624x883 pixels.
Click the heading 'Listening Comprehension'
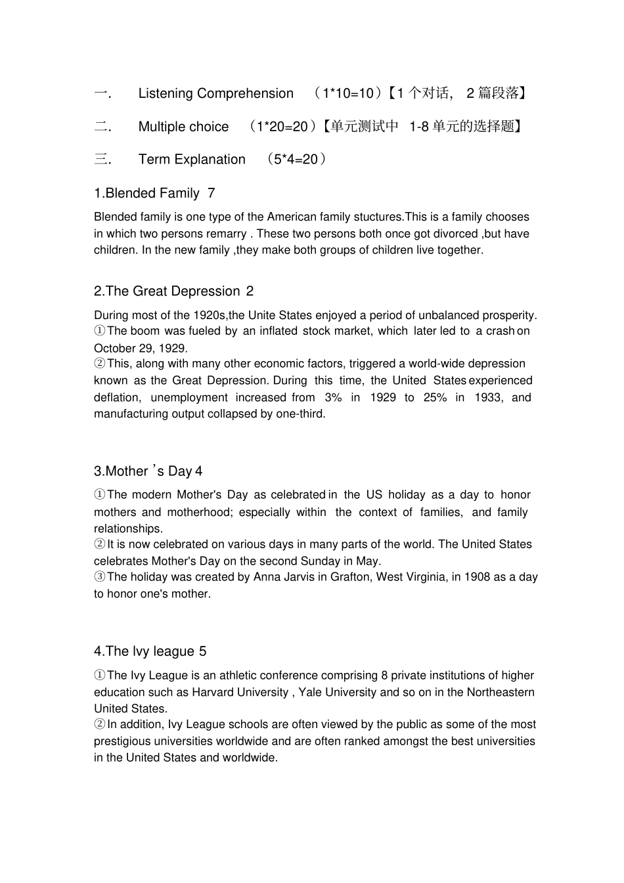point(215,94)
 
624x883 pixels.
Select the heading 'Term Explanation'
point(192,160)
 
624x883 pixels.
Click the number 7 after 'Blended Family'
point(211,194)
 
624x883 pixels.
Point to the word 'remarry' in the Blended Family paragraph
point(227,234)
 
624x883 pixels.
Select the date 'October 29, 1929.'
point(141,349)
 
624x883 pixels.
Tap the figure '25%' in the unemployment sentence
point(434,398)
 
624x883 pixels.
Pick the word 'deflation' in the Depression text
point(116,398)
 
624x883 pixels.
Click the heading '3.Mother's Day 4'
point(148,471)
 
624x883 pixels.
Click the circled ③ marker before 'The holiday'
point(100,577)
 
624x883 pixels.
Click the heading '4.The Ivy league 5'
point(150,651)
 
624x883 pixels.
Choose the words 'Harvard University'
point(240,693)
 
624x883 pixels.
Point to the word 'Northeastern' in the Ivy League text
point(501,693)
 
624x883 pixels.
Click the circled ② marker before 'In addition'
point(100,725)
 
